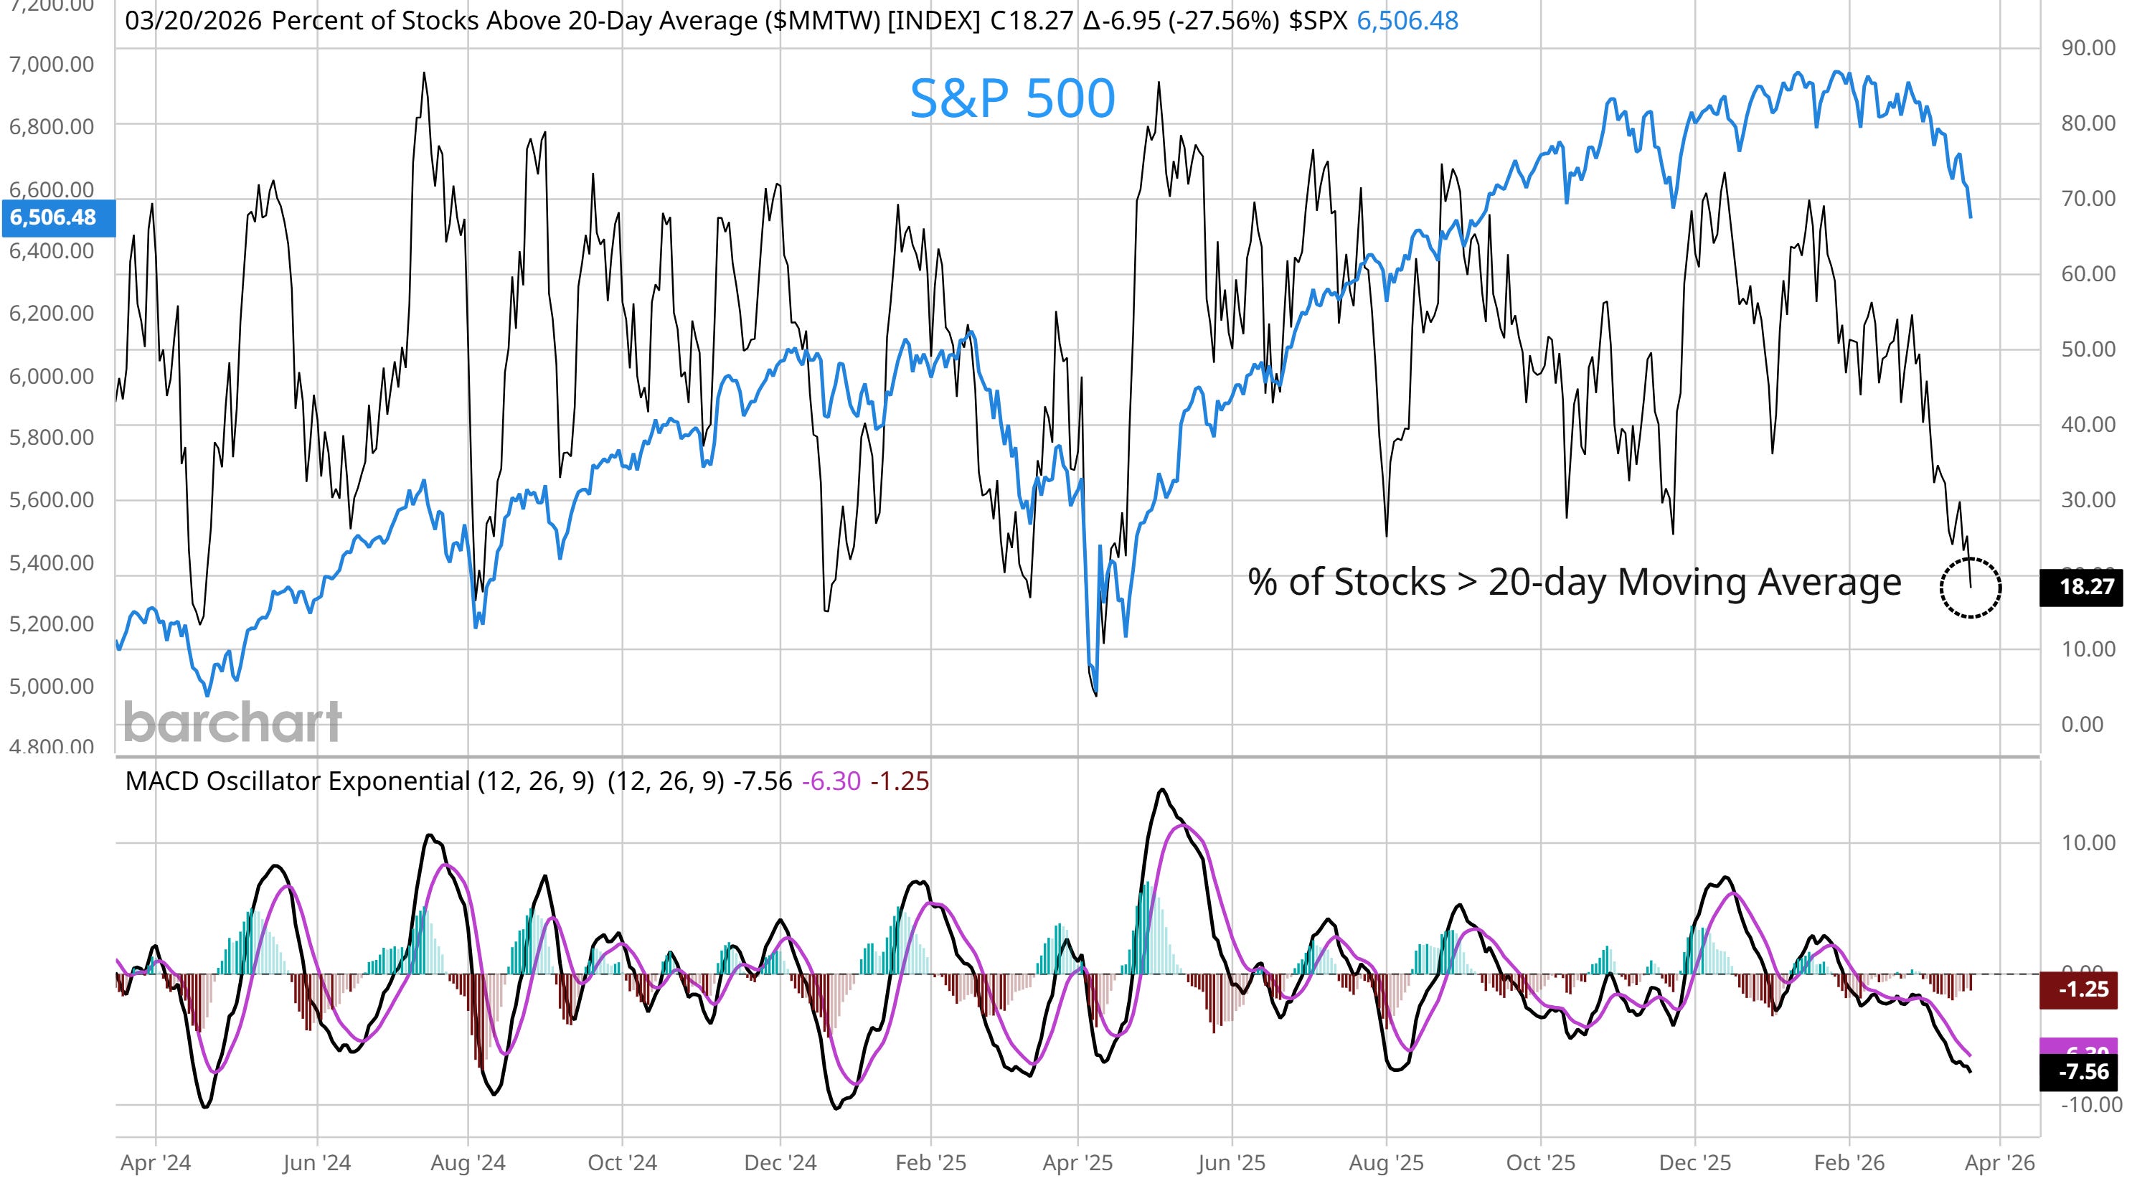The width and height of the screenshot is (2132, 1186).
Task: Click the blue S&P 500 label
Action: pyautogui.click(x=1011, y=98)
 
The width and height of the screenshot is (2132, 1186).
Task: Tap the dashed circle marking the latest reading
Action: pyautogui.click(x=1970, y=587)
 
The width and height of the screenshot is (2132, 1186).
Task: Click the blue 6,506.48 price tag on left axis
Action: pyautogui.click(x=54, y=217)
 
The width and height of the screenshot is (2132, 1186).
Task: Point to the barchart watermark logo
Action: pyautogui.click(x=232, y=722)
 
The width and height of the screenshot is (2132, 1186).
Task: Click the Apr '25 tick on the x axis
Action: pyautogui.click(x=1077, y=1163)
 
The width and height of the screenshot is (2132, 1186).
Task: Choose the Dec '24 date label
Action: pyautogui.click(x=780, y=1163)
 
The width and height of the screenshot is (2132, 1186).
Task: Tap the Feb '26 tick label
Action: pyautogui.click(x=1849, y=1163)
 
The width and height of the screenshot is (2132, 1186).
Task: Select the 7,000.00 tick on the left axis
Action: pyautogui.click(x=52, y=64)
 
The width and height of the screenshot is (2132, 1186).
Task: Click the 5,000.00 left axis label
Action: pyautogui.click(x=52, y=686)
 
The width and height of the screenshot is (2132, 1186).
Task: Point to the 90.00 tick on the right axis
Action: pyautogui.click(x=2088, y=48)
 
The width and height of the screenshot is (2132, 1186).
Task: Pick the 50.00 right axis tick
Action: pyautogui.click(x=2088, y=349)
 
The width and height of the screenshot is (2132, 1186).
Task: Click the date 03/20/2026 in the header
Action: pyautogui.click(x=193, y=21)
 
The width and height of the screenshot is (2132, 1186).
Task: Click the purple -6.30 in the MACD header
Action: pyautogui.click(x=831, y=781)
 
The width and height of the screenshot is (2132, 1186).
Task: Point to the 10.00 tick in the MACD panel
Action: pyautogui.click(x=2088, y=842)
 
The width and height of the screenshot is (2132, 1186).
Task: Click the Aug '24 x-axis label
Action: pyautogui.click(x=468, y=1163)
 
